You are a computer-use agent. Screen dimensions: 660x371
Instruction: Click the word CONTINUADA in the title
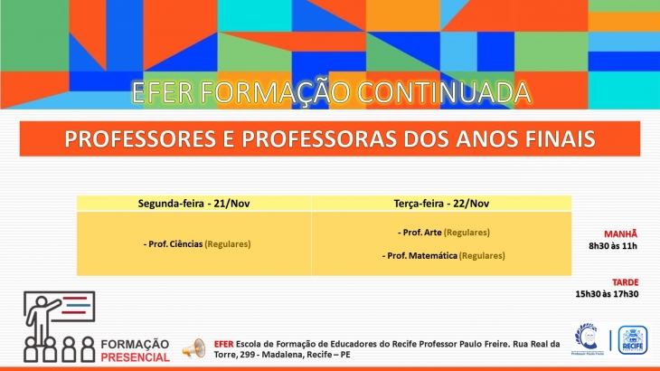pos(444,92)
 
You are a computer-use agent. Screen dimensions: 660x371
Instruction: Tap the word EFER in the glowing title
pos(162,92)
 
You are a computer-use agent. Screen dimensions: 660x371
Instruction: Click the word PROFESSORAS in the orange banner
pos(318,139)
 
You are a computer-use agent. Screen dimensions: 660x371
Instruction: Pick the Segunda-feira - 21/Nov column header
pos(194,204)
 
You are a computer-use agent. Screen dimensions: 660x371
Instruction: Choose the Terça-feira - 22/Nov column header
pos(441,204)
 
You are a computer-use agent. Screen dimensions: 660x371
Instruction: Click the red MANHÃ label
pos(620,234)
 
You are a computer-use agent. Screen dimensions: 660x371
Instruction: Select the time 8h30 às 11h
pos(613,246)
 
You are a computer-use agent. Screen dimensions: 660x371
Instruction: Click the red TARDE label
pos(625,282)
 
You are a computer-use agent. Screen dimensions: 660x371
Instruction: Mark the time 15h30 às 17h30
pos(607,294)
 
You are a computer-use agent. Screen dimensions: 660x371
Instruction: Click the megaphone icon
pos(194,348)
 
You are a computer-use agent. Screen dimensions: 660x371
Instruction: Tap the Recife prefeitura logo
pos(633,340)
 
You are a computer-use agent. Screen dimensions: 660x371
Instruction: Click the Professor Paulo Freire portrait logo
pos(587,338)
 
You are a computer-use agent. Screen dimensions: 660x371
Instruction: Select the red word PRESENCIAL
pos(135,357)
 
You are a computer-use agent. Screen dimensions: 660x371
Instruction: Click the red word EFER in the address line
pos(223,344)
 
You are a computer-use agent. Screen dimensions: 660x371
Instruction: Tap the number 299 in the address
pos(250,355)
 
